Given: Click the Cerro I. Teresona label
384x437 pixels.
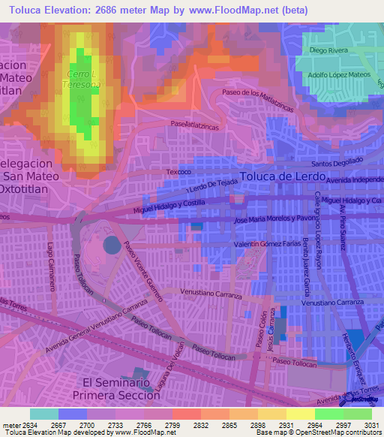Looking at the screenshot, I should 83,80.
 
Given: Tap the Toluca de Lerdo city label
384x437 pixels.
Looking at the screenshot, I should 283,176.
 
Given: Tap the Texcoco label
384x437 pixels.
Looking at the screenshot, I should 180,172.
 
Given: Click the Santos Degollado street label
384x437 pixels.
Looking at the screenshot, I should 337,163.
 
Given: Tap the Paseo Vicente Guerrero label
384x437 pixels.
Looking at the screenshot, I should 143,270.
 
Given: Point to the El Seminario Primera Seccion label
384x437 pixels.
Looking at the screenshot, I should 117,387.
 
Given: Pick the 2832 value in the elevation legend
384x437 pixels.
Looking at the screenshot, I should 200,425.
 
